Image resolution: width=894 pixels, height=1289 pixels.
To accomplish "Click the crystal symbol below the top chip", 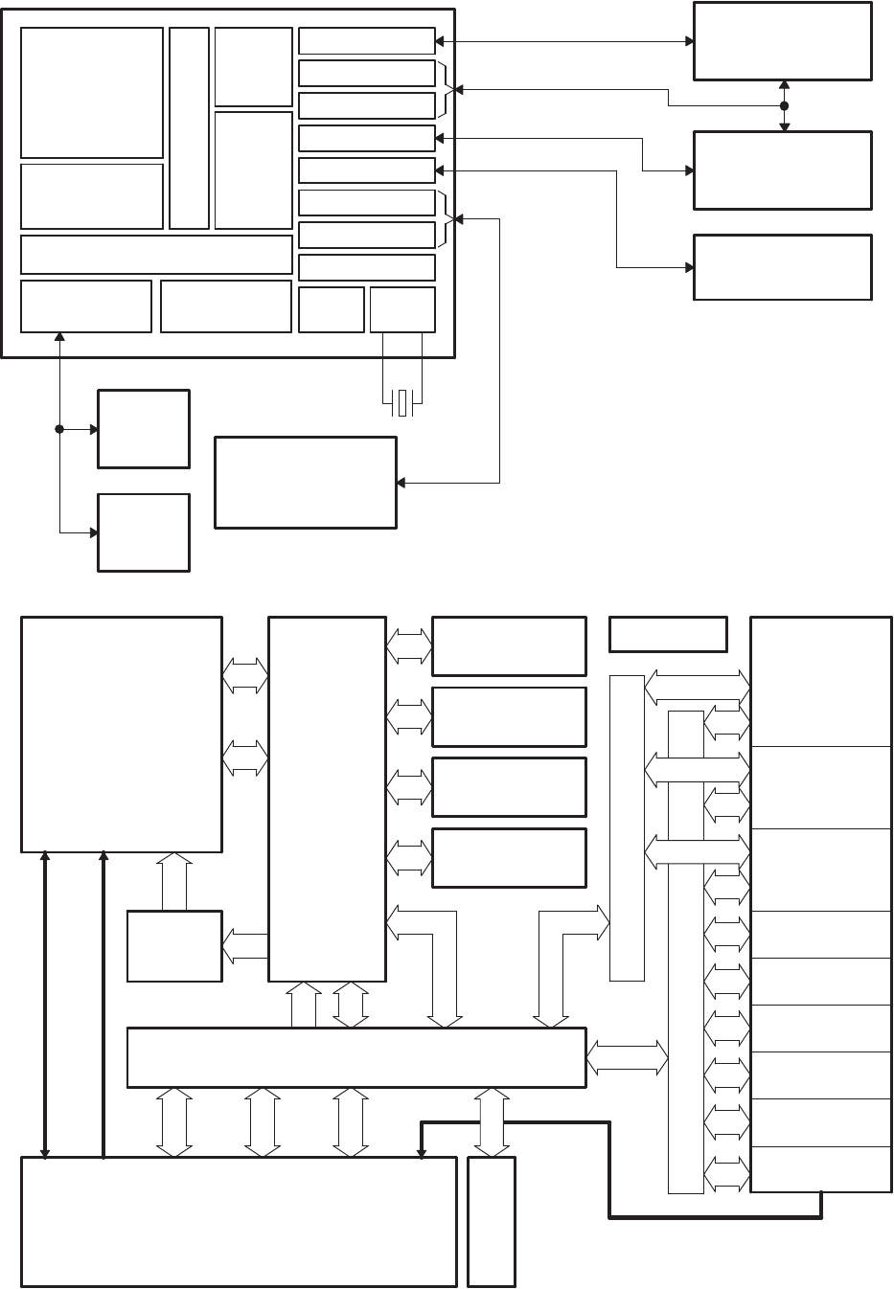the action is click(403, 403).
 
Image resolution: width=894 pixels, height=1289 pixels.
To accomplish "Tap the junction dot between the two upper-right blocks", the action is click(784, 105).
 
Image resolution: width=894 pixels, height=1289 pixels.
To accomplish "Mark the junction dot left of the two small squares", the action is click(59, 429).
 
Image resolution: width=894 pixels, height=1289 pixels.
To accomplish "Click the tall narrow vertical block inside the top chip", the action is click(189, 128).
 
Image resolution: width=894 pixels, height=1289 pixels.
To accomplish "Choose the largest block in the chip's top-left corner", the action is click(92, 92).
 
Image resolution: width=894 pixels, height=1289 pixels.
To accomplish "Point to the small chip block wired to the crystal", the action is click(402, 309).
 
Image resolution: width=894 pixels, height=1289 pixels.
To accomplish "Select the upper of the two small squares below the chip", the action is click(144, 429).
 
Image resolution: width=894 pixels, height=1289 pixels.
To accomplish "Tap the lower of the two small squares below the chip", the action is click(144, 532).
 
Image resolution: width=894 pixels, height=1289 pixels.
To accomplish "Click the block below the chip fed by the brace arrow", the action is click(306, 482).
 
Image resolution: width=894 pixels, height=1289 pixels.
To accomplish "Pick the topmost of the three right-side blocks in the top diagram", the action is click(783, 41).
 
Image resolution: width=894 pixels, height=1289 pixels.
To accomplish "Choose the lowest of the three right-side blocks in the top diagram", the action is click(783, 267).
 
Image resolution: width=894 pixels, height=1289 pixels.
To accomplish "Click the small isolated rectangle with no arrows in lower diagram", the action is click(668, 634).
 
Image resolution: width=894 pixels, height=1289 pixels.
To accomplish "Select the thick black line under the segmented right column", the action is click(714, 1217).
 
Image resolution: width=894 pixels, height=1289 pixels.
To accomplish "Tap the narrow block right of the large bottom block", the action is click(492, 1221).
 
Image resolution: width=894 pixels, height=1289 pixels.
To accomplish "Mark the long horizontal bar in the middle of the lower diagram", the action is click(356, 1057).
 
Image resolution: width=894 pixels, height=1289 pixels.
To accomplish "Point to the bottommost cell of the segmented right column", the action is click(820, 1168).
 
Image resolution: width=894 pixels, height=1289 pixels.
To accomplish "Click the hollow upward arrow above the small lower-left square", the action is click(174, 882).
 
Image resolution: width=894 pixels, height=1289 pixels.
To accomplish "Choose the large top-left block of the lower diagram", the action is click(122, 734).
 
